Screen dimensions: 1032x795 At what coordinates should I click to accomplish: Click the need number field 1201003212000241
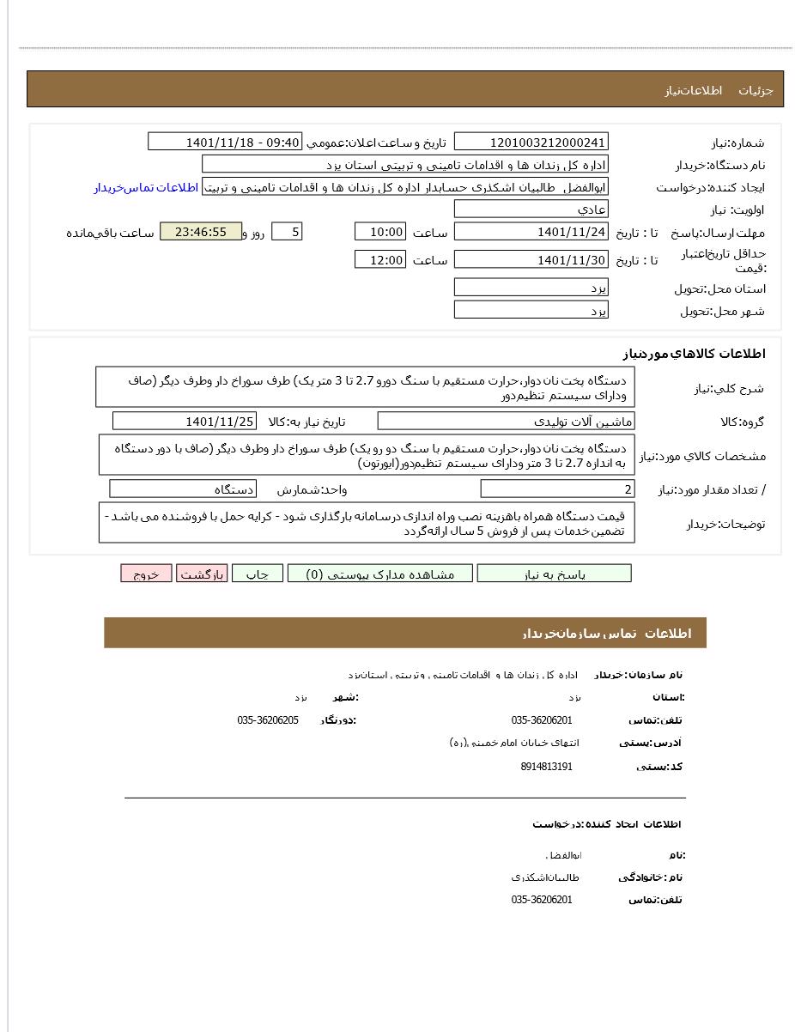coord(531,142)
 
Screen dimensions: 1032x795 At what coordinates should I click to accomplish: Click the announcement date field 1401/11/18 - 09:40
coord(226,142)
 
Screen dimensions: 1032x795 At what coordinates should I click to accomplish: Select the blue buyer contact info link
coord(146,187)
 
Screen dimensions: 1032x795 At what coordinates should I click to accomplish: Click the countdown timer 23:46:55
coord(201,232)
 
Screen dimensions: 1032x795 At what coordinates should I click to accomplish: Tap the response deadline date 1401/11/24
coord(531,232)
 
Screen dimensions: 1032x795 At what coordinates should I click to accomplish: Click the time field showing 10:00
coord(379,232)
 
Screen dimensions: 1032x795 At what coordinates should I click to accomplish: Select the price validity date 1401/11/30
coord(531,259)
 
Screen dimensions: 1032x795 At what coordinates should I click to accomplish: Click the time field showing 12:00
coord(379,259)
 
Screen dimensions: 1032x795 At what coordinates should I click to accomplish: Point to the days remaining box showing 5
coord(286,232)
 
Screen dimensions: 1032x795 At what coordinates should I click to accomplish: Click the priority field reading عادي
coord(531,209)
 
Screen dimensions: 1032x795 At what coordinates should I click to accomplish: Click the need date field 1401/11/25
coord(184,421)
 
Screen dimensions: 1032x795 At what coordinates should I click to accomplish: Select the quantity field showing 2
coord(557,489)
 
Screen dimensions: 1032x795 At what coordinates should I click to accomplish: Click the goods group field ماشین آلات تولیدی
coord(506,421)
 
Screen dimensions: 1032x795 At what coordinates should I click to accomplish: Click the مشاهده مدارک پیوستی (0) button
coord(379,574)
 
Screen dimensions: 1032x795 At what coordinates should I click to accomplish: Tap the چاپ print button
coord(258,574)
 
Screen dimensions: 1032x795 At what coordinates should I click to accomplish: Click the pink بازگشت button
coord(202,574)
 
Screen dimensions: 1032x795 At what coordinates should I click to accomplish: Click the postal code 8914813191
coord(546,766)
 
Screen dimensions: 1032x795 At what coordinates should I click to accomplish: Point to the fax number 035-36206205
coord(268,719)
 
